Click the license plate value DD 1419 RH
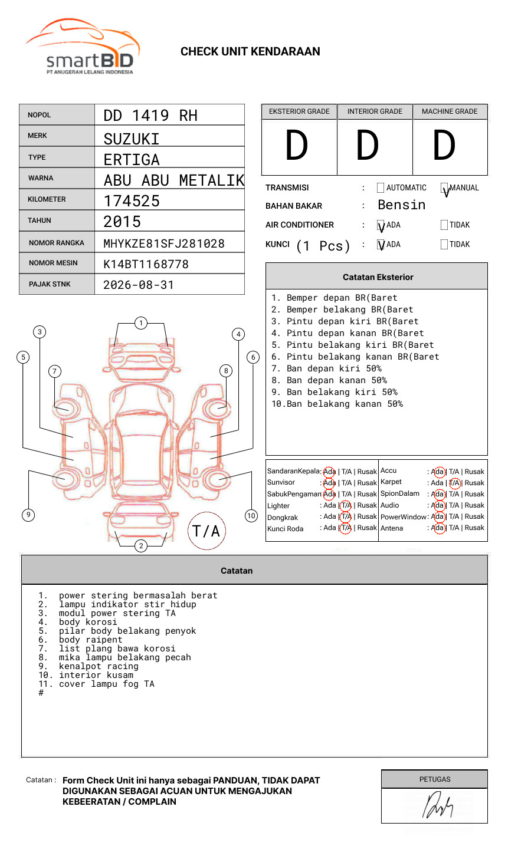point(150,116)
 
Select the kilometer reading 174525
point(131,201)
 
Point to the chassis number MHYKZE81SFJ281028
point(164,243)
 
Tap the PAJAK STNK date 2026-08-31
point(139,285)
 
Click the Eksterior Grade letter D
point(297,145)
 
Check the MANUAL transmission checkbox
point(444,187)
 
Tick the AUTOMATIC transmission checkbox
point(381,187)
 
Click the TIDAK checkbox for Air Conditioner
point(444,225)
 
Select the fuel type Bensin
point(401,205)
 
